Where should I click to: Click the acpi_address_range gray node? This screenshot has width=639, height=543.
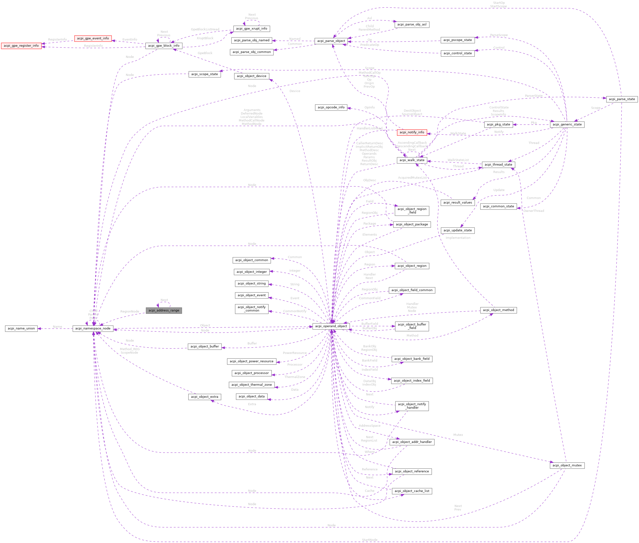[x=164, y=310]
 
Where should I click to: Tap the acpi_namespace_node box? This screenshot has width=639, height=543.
[x=93, y=329]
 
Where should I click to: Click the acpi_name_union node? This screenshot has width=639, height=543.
[x=21, y=329]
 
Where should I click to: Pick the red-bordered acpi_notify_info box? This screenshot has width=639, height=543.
[x=412, y=132]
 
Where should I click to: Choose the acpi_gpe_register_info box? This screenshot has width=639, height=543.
[x=21, y=46]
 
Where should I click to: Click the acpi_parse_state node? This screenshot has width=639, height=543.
[x=621, y=99]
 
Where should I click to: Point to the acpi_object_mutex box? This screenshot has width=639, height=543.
[x=567, y=465]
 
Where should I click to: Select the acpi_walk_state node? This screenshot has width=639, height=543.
[x=412, y=160]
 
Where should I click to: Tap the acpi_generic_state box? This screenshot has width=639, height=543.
[x=567, y=124]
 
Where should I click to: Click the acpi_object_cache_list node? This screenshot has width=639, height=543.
[x=412, y=491]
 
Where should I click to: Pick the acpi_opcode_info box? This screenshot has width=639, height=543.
[x=331, y=107]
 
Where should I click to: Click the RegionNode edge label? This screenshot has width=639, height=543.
[x=130, y=311]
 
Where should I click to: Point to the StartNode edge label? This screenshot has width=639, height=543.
[x=370, y=540]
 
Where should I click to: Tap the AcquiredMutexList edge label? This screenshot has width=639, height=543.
[x=412, y=178]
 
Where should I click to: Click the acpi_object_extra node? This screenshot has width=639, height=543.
[x=204, y=397]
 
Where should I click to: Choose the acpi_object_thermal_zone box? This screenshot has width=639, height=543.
[x=252, y=385]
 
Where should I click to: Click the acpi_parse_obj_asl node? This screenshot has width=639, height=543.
[x=412, y=25]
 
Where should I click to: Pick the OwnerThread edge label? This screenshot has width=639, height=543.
[x=533, y=211]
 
